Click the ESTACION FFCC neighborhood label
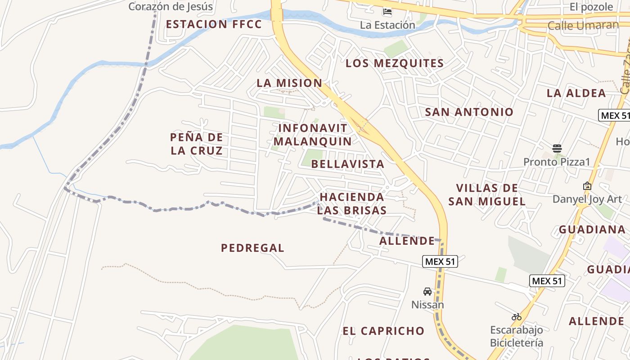[x=214, y=24]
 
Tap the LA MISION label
[x=289, y=83]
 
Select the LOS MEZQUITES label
[x=395, y=63]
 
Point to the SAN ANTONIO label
[x=469, y=112]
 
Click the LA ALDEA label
[x=576, y=93]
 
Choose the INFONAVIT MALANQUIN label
[x=313, y=135]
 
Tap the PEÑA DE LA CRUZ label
[x=197, y=144]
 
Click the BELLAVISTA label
[x=348, y=164]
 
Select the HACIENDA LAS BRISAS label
[x=352, y=203]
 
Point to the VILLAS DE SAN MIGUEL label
[x=487, y=194]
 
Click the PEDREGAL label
[x=252, y=248]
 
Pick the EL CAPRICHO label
[x=383, y=331]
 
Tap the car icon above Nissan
[x=427, y=292]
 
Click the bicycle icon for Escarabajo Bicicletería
[x=517, y=317]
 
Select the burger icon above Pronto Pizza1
[x=557, y=148]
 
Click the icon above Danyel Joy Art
[x=587, y=186]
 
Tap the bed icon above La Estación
[x=387, y=12]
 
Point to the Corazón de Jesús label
[x=171, y=7]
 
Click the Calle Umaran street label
[x=583, y=25]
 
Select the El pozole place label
[x=591, y=7]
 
